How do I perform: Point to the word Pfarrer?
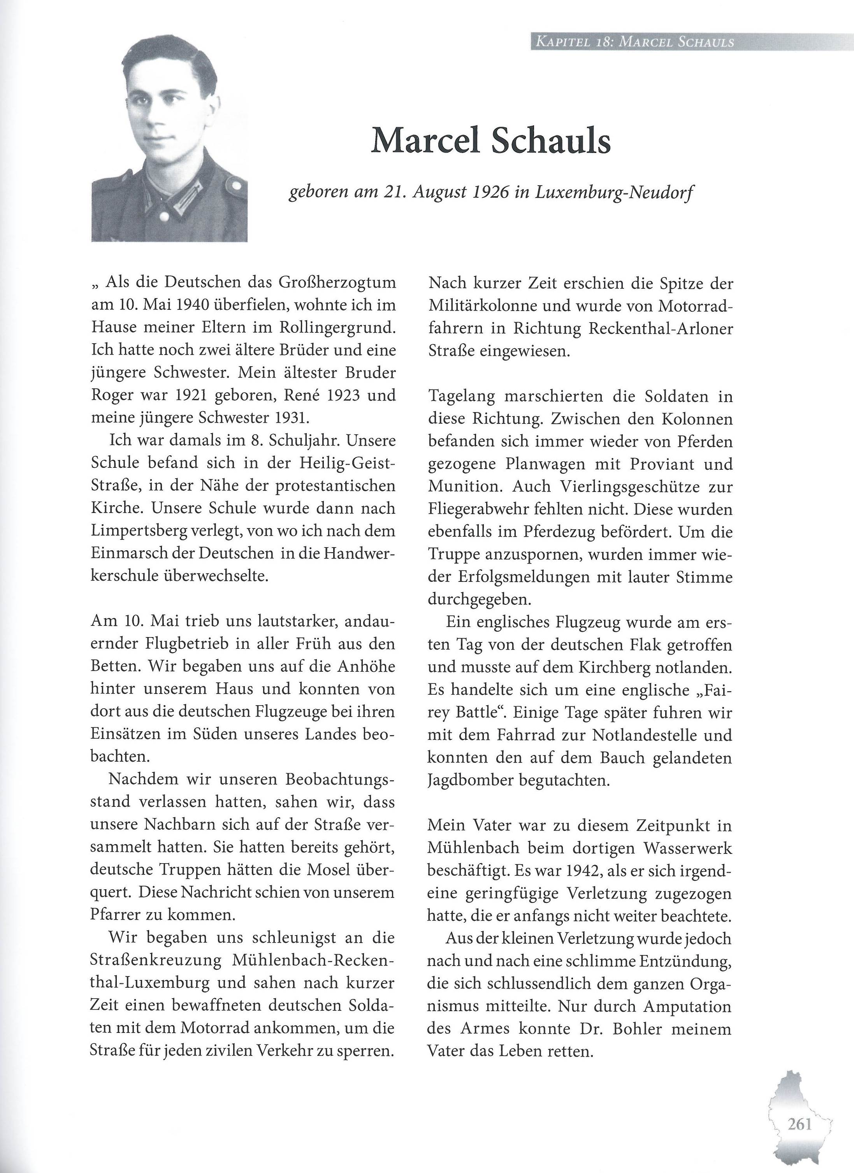tap(114, 915)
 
